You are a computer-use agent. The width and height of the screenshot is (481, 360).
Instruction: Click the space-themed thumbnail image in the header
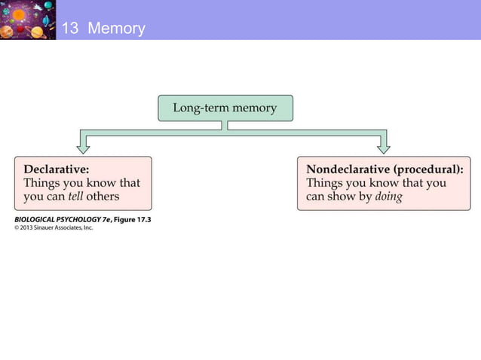click(x=28, y=20)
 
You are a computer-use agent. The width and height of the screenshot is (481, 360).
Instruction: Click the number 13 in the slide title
click(x=69, y=29)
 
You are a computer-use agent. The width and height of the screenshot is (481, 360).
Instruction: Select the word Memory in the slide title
click(x=116, y=29)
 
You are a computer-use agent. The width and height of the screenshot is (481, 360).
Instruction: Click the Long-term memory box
click(x=225, y=108)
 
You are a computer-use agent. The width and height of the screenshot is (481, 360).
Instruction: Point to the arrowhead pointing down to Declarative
click(x=83, y=148)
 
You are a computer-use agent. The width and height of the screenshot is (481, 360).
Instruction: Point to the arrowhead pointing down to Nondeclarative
click(x=383, y=148)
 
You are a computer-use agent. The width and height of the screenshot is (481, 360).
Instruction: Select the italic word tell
click(x=75, y=197)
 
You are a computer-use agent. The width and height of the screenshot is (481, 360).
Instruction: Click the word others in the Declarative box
click(x=103, y=197)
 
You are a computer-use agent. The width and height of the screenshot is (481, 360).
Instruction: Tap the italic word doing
click(x=387, y=197)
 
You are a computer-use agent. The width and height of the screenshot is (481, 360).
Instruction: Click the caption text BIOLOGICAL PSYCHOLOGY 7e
click(x=60, y=219)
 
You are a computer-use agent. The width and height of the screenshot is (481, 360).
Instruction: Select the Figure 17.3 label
click(x=130, y=219)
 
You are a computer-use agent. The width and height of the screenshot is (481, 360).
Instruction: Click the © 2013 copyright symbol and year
click(x=26, y=228)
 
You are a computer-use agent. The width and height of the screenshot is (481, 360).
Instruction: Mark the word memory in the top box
click(x=254, y=108)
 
